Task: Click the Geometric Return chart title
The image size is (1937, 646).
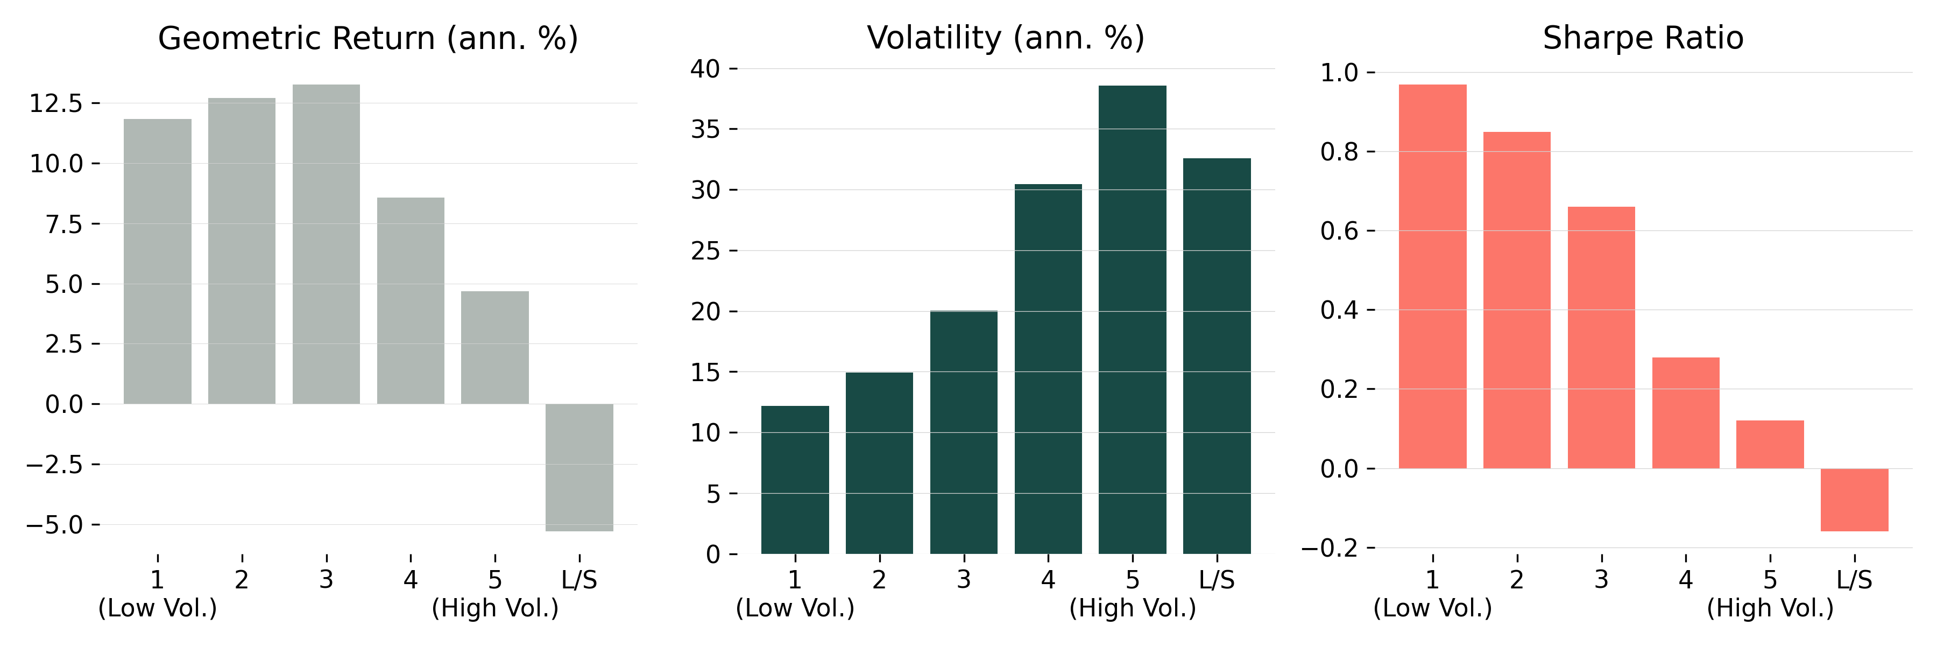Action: (367, 38)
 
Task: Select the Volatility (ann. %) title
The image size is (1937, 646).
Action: (1005, 38)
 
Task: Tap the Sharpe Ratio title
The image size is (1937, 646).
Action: (1643, 38)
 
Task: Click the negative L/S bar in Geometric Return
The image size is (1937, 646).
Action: (579, 467)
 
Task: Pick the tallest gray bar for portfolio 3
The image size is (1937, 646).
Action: (326, 244)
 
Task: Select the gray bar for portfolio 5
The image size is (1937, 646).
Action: (495, 347)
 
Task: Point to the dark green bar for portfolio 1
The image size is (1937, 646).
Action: (795, 480)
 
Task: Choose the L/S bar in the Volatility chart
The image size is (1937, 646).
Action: (1217, 356)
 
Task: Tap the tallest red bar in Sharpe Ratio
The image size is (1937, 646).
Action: (1432, 276)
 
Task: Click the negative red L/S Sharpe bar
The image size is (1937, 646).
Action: (1854, 500)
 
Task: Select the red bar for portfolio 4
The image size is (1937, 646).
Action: (1686, 413)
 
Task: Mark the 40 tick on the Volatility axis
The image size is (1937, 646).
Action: (705, 69)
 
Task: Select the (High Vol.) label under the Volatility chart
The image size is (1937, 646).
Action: (1133, 608)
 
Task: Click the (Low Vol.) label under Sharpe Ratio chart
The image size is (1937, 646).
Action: (1432, 608)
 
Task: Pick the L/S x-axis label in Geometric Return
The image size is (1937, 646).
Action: (579, 580)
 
